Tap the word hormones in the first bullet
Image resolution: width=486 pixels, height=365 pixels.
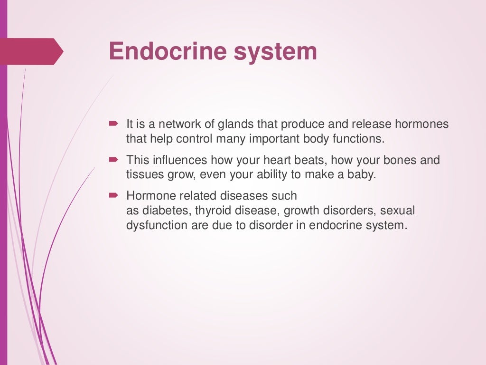[421, 125]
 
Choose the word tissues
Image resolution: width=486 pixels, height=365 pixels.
[142, 174]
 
